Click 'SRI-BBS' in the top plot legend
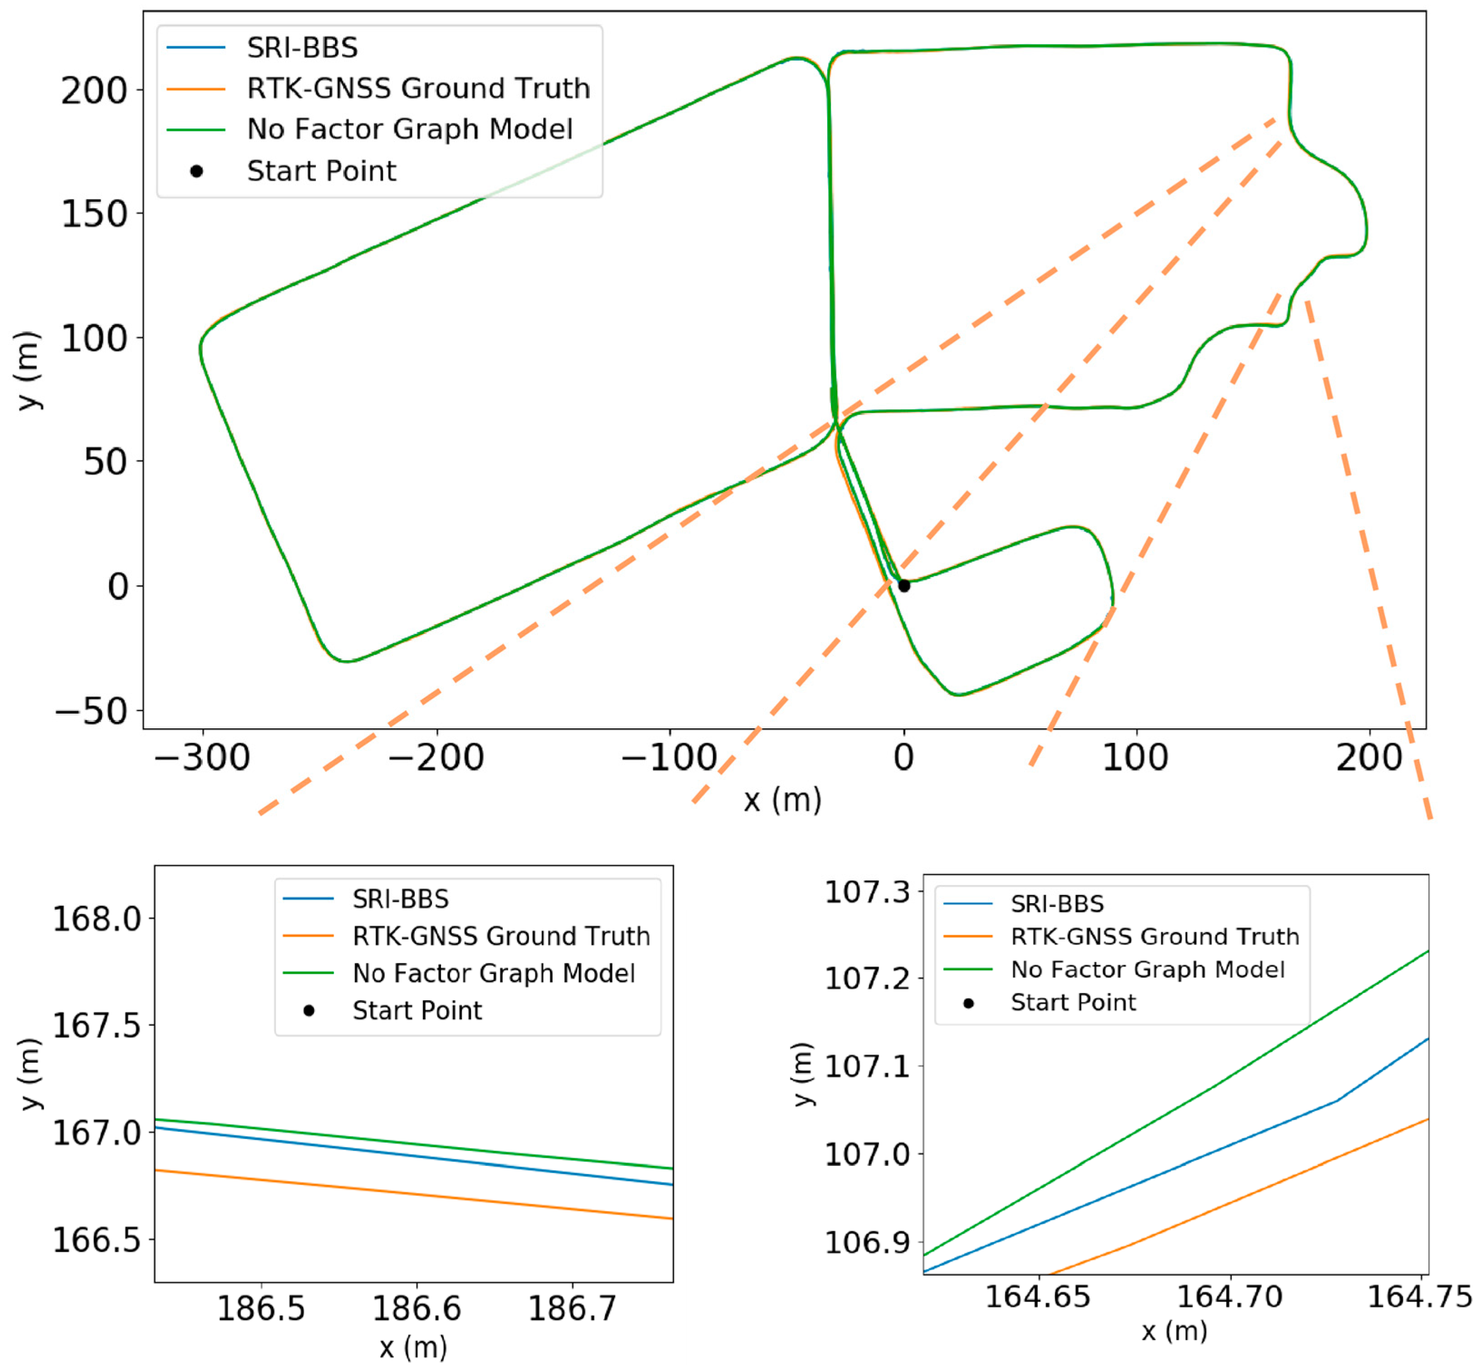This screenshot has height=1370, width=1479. pos(302,48)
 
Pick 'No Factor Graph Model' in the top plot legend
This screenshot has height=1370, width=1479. pos(409,129)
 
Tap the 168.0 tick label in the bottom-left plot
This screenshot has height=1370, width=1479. pos(97,919)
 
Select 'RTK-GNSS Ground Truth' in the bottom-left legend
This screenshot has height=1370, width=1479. pos(501,936)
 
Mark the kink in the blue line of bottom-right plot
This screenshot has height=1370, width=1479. pos(1337,1101)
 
